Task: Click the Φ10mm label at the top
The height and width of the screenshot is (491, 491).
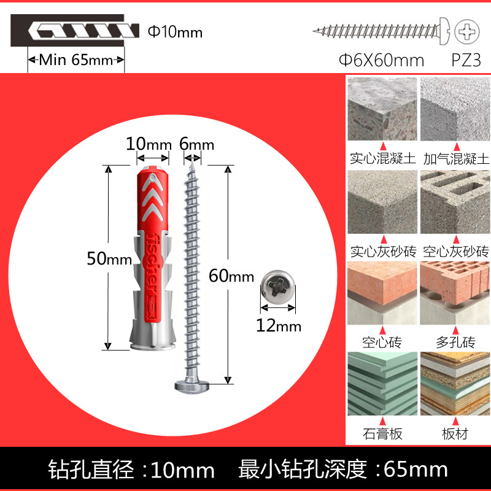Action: [175, 31]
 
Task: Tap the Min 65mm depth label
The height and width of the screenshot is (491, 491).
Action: [77, 60]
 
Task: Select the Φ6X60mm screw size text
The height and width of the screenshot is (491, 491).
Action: [382, 60]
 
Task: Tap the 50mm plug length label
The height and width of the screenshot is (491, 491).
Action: [105, 258]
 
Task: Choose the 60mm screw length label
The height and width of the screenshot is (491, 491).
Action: [231, 276]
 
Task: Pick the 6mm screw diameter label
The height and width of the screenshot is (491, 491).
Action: [196, 145]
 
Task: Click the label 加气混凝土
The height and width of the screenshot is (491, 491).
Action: [456, 159]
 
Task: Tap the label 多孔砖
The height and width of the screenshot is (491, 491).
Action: [455, 342]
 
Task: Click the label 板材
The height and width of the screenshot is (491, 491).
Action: [455, 434]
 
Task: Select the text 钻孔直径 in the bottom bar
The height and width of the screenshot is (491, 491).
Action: [92, 470]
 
